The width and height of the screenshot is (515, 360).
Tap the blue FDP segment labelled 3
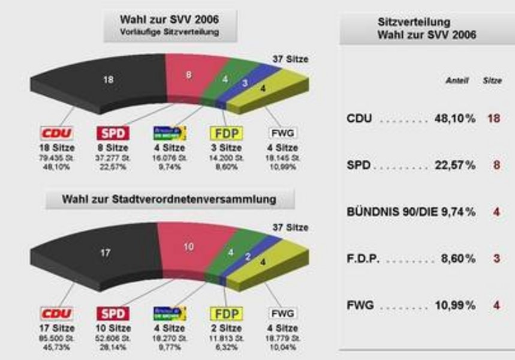point(245,83)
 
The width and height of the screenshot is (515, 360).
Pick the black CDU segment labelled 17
point(105,253)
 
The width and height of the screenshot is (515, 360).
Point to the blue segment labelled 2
point(248,257)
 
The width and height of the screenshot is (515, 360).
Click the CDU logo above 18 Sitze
point(56,133)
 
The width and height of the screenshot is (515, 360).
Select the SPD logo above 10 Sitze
point(113,314)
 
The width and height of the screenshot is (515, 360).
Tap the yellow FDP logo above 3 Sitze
point(225,133)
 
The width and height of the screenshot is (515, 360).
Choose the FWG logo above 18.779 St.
point(284,314)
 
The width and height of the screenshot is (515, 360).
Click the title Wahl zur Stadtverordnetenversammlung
point(169,199)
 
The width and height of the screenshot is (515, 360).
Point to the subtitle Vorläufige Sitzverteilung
point(170,32)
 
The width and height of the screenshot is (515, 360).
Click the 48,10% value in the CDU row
point(454,119)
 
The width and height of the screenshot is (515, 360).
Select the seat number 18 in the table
point(493,119)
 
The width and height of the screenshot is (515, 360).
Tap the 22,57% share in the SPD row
point(454,165)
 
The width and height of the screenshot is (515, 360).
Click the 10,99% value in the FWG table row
point(454,305)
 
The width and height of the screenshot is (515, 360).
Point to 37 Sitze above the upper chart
point(290,59)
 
